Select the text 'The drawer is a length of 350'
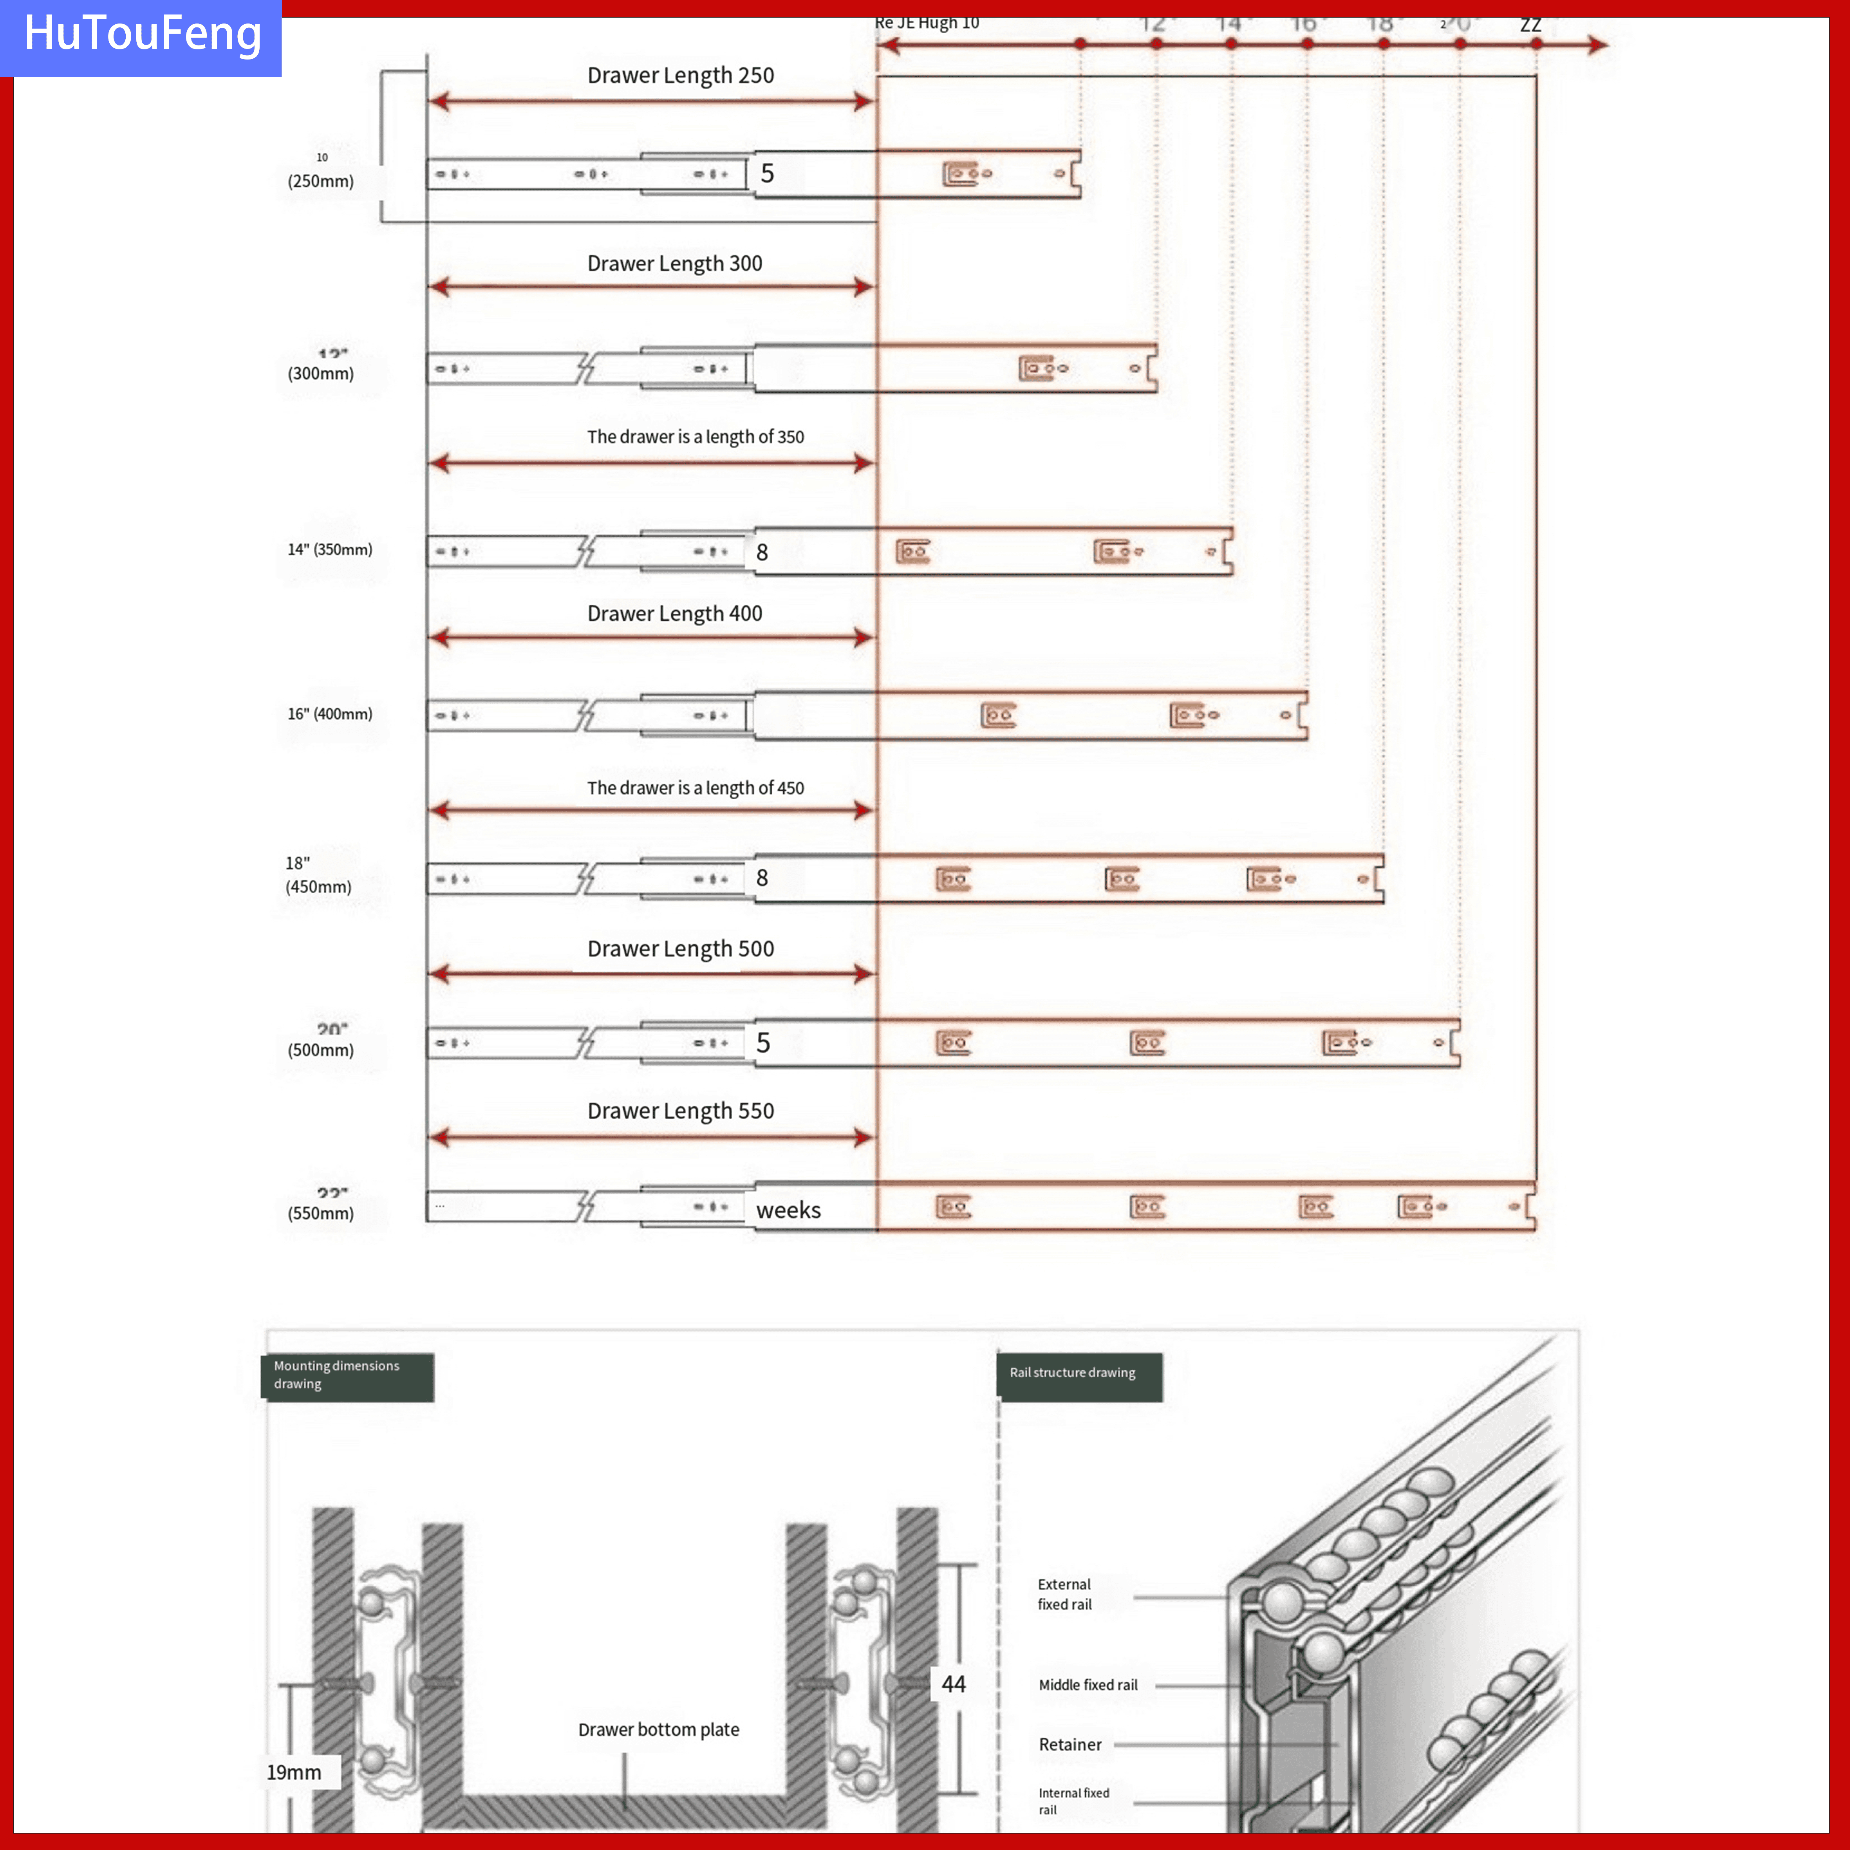click(x=695, y=437)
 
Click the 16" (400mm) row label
click(x=329, y=714)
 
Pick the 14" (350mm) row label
click(x=329, y=550)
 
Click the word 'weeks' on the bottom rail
click(x=788, y=1210)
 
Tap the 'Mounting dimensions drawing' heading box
click(x=347, y=1375)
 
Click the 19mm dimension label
click(x=294, y=1772)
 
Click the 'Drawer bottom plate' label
click(x=659, y=1729)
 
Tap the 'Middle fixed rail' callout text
click(x=1088, y=1685)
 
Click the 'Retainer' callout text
click(x=1070, y=1745)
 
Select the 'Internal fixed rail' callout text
click(x=1073, y=1801)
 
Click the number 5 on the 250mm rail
click(x=767, y=173)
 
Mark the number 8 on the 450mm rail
click(x=762, y=878)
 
